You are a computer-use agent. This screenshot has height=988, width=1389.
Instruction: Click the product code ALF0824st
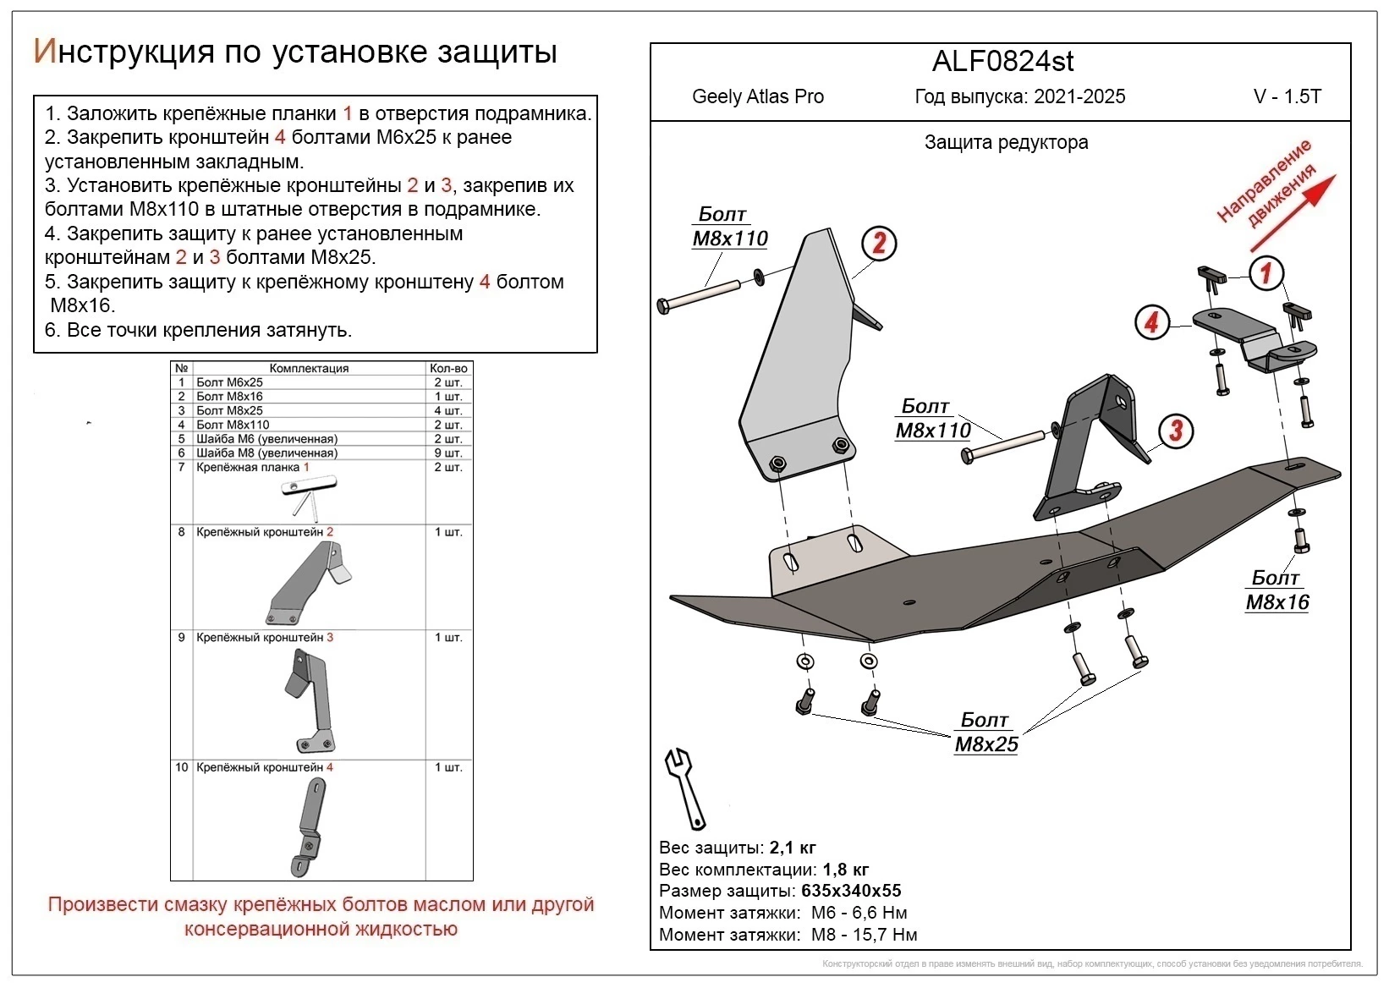point(1003,62)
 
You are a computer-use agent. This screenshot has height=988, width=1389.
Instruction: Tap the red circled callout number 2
point(879,244)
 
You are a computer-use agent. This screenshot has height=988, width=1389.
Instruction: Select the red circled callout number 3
point(1176,430)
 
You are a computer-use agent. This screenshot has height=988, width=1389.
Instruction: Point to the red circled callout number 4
point(1151,322)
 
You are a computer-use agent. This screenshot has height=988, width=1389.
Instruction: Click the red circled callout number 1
point(1266,272)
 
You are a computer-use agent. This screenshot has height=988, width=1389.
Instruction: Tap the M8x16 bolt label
point(1276,590)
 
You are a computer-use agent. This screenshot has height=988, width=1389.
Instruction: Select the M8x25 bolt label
point(986,733)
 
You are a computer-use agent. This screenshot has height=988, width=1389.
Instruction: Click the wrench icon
point(686,788)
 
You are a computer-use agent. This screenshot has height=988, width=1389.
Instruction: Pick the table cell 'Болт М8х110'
point(233,425)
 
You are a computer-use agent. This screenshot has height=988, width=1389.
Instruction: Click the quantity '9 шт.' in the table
point(448,453)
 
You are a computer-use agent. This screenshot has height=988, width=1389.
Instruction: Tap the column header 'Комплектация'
point(309,368)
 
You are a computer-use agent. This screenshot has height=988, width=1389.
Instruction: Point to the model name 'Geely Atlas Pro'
point(757,96)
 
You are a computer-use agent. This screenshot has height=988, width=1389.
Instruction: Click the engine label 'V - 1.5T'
point(1287,96)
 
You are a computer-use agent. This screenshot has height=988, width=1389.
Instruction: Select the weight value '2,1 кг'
point(793,848)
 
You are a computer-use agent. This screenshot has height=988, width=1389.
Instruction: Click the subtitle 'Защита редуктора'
point(1006,142)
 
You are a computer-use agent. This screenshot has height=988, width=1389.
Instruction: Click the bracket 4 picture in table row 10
point(310,825)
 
